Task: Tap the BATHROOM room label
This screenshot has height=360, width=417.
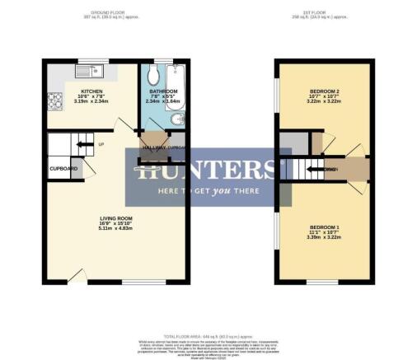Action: [x=163, y=91]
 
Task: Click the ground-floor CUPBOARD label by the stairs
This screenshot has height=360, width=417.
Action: [x=63, y=168]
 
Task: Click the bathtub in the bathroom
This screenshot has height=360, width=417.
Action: [x=182, y=91]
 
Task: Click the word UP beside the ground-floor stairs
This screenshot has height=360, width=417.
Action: [x=101, y=145]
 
